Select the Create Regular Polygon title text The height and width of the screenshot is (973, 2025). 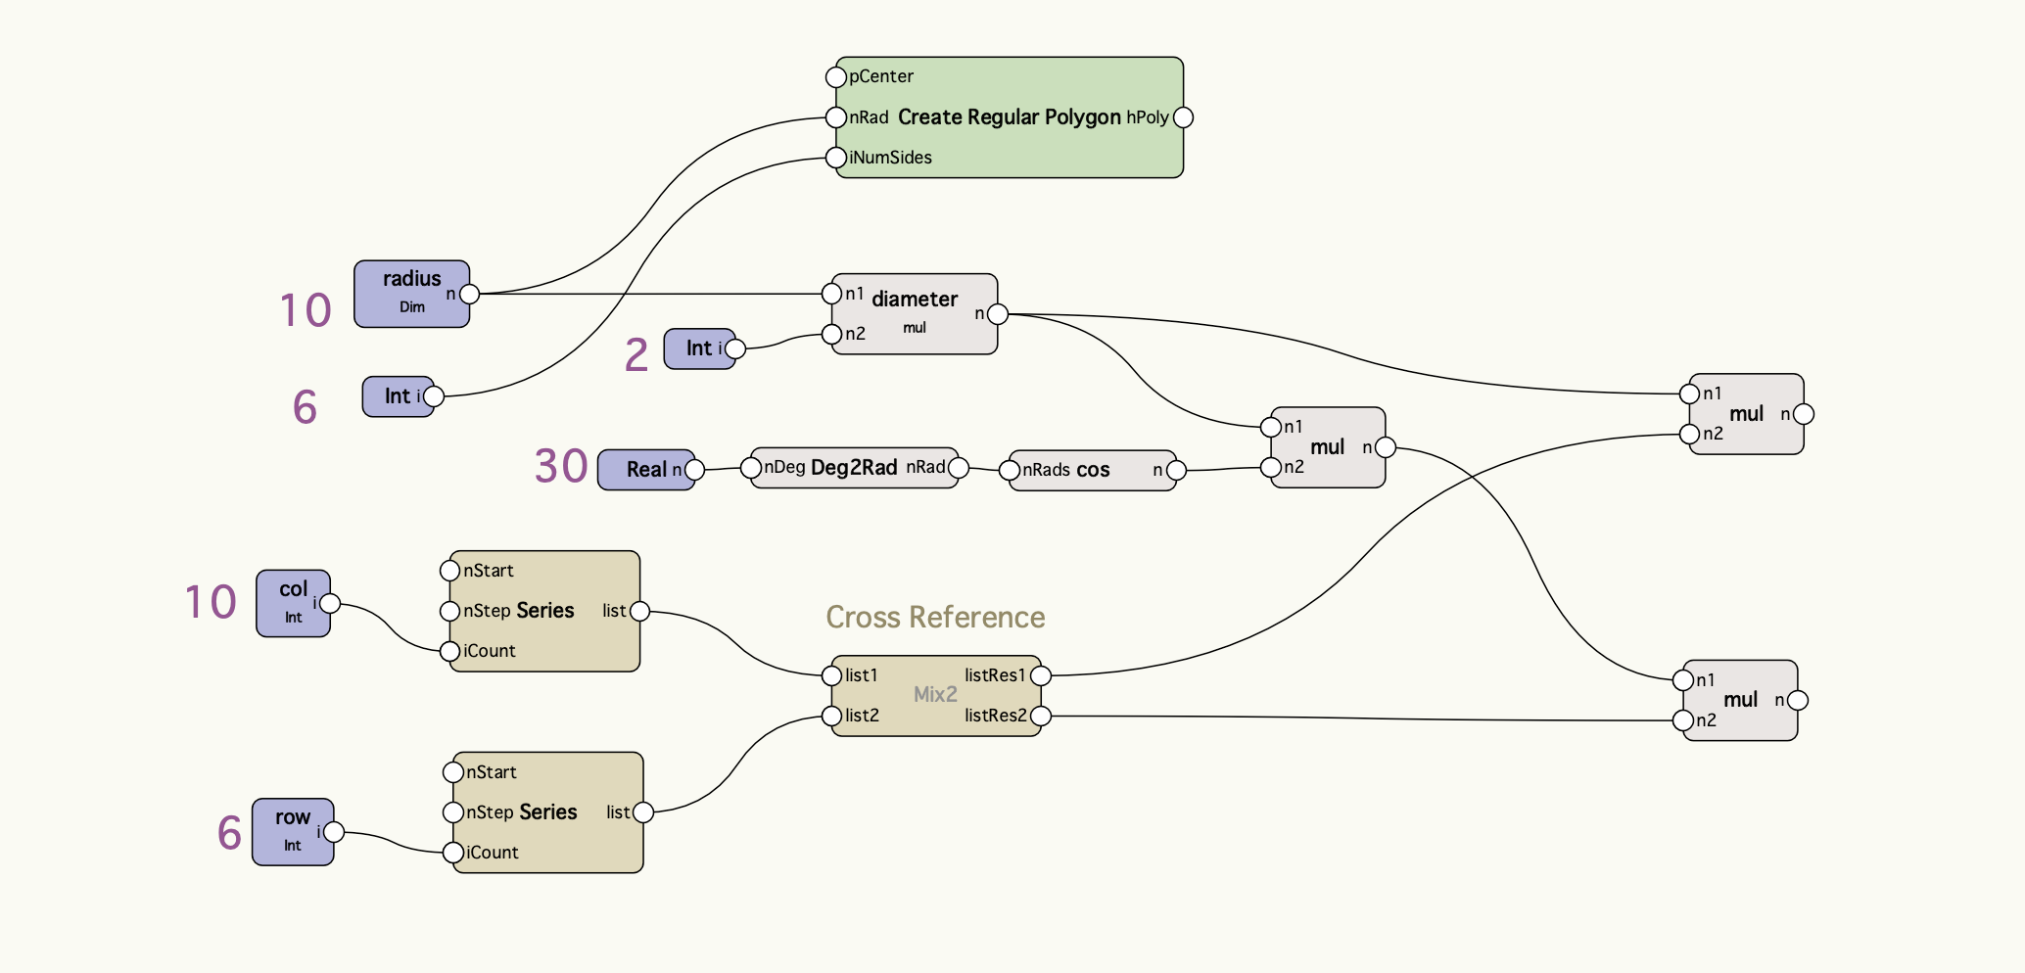(1009, 117)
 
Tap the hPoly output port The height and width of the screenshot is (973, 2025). (1183, 117)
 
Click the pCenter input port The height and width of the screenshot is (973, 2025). (835, 76)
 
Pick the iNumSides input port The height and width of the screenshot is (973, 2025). (835, 158)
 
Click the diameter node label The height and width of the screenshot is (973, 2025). (915, 299)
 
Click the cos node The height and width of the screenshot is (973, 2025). (1092, 470)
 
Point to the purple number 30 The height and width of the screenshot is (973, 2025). (561, 466)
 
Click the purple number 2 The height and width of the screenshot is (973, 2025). (636, 354)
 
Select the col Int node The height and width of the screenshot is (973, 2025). (293, 603)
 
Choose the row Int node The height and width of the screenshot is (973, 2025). (292, 831)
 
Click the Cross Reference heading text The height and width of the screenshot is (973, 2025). (935, 617)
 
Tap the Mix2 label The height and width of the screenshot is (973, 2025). (935, 694)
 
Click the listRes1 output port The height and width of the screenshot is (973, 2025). (1041, 675)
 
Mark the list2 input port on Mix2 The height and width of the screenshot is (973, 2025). (831, 716)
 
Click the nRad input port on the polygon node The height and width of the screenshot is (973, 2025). (835, 117)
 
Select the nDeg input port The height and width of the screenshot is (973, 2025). (751, 468)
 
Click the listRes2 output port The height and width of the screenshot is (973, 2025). (1041, 716)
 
